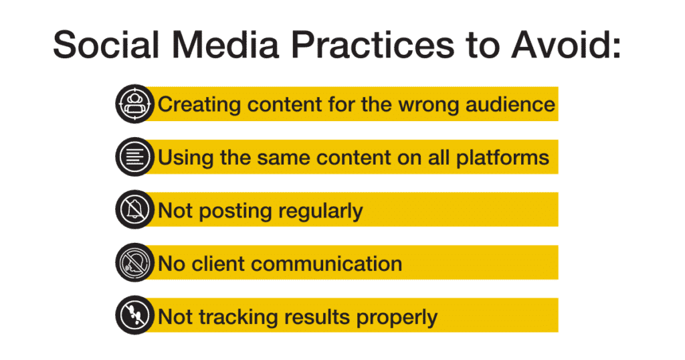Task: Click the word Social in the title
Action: (105, 45)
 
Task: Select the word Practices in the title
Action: (373, 45)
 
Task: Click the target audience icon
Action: (134, 104)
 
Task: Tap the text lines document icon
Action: (134, 157)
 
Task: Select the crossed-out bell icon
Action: (134, 209)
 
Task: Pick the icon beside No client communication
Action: (134, 262)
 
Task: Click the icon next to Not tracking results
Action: (134, 315)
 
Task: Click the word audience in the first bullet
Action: (510, 104)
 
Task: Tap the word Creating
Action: (199, 106)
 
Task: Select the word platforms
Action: (502, 158)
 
